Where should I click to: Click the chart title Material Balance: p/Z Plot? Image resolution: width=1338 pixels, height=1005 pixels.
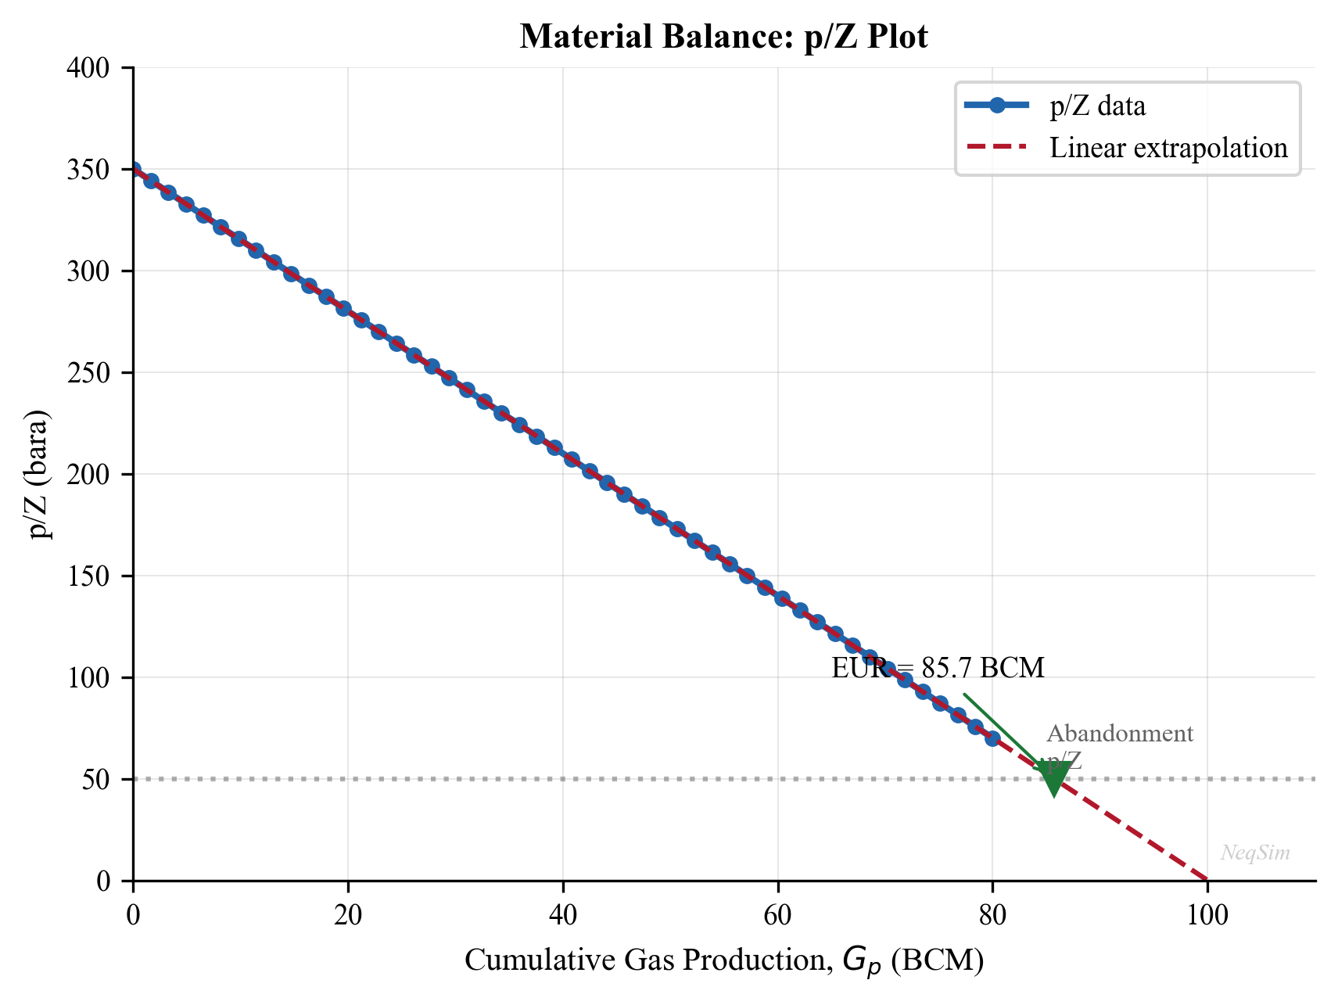tap(723, 37)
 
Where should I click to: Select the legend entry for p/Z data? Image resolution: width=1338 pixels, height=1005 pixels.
tap(1097, 106)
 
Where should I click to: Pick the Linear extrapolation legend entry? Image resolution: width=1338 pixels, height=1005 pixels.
tap(1168, 148)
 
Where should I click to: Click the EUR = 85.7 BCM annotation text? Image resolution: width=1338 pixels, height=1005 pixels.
tap(938, 668)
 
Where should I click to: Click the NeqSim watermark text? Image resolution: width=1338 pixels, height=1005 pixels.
tap(1255, 853)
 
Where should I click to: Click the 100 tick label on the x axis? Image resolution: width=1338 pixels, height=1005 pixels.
tap(1207, 914)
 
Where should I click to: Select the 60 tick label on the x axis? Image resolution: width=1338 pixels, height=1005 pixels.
tap(777, 914)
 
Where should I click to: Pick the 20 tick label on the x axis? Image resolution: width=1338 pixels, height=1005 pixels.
tap(348, 914)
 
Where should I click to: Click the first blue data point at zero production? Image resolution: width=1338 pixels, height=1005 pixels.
tap(134, 170)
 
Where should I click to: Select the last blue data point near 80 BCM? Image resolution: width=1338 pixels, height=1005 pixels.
tap(992, 738)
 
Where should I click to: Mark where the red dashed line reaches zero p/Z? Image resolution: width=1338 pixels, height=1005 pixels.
tap(1207, 880)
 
